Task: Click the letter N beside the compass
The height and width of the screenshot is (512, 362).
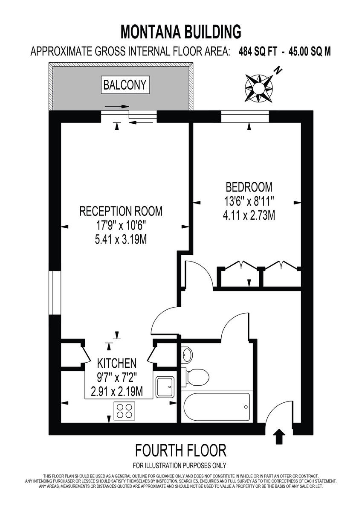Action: point(278,70)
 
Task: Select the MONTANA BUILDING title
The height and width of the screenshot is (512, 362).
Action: point(181,32)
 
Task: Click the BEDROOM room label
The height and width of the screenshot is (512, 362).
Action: point(249,187)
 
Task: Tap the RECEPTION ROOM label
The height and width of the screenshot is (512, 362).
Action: point(121,211)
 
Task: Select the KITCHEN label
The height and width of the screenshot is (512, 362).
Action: point(117,364)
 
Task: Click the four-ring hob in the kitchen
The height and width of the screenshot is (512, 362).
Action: point(124,410)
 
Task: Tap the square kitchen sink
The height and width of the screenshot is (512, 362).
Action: point(164,387)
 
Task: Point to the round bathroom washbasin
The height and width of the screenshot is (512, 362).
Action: point(187,354)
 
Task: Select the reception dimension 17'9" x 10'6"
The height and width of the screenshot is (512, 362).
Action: point(121,225)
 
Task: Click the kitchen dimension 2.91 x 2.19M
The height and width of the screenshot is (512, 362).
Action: point(117,391)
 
